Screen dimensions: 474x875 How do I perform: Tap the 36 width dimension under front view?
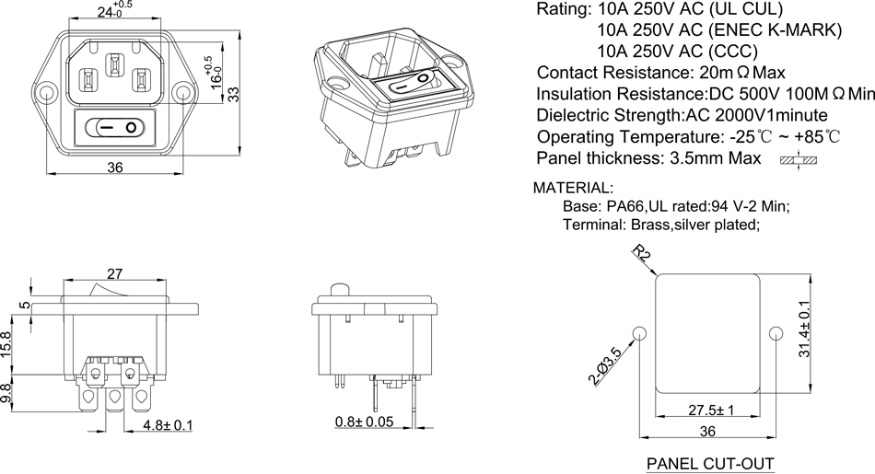coord(116,167)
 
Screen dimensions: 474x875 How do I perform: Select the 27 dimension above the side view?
coord(116,272)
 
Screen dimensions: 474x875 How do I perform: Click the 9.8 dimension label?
coord(8,393)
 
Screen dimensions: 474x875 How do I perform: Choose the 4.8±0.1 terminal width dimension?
coord(168,426)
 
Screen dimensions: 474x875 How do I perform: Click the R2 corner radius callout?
coord(642,255)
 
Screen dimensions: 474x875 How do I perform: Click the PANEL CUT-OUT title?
coord(710,463)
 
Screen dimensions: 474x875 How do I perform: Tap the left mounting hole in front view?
coord(46,94)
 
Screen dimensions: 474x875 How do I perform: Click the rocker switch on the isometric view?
coord(412,86)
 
